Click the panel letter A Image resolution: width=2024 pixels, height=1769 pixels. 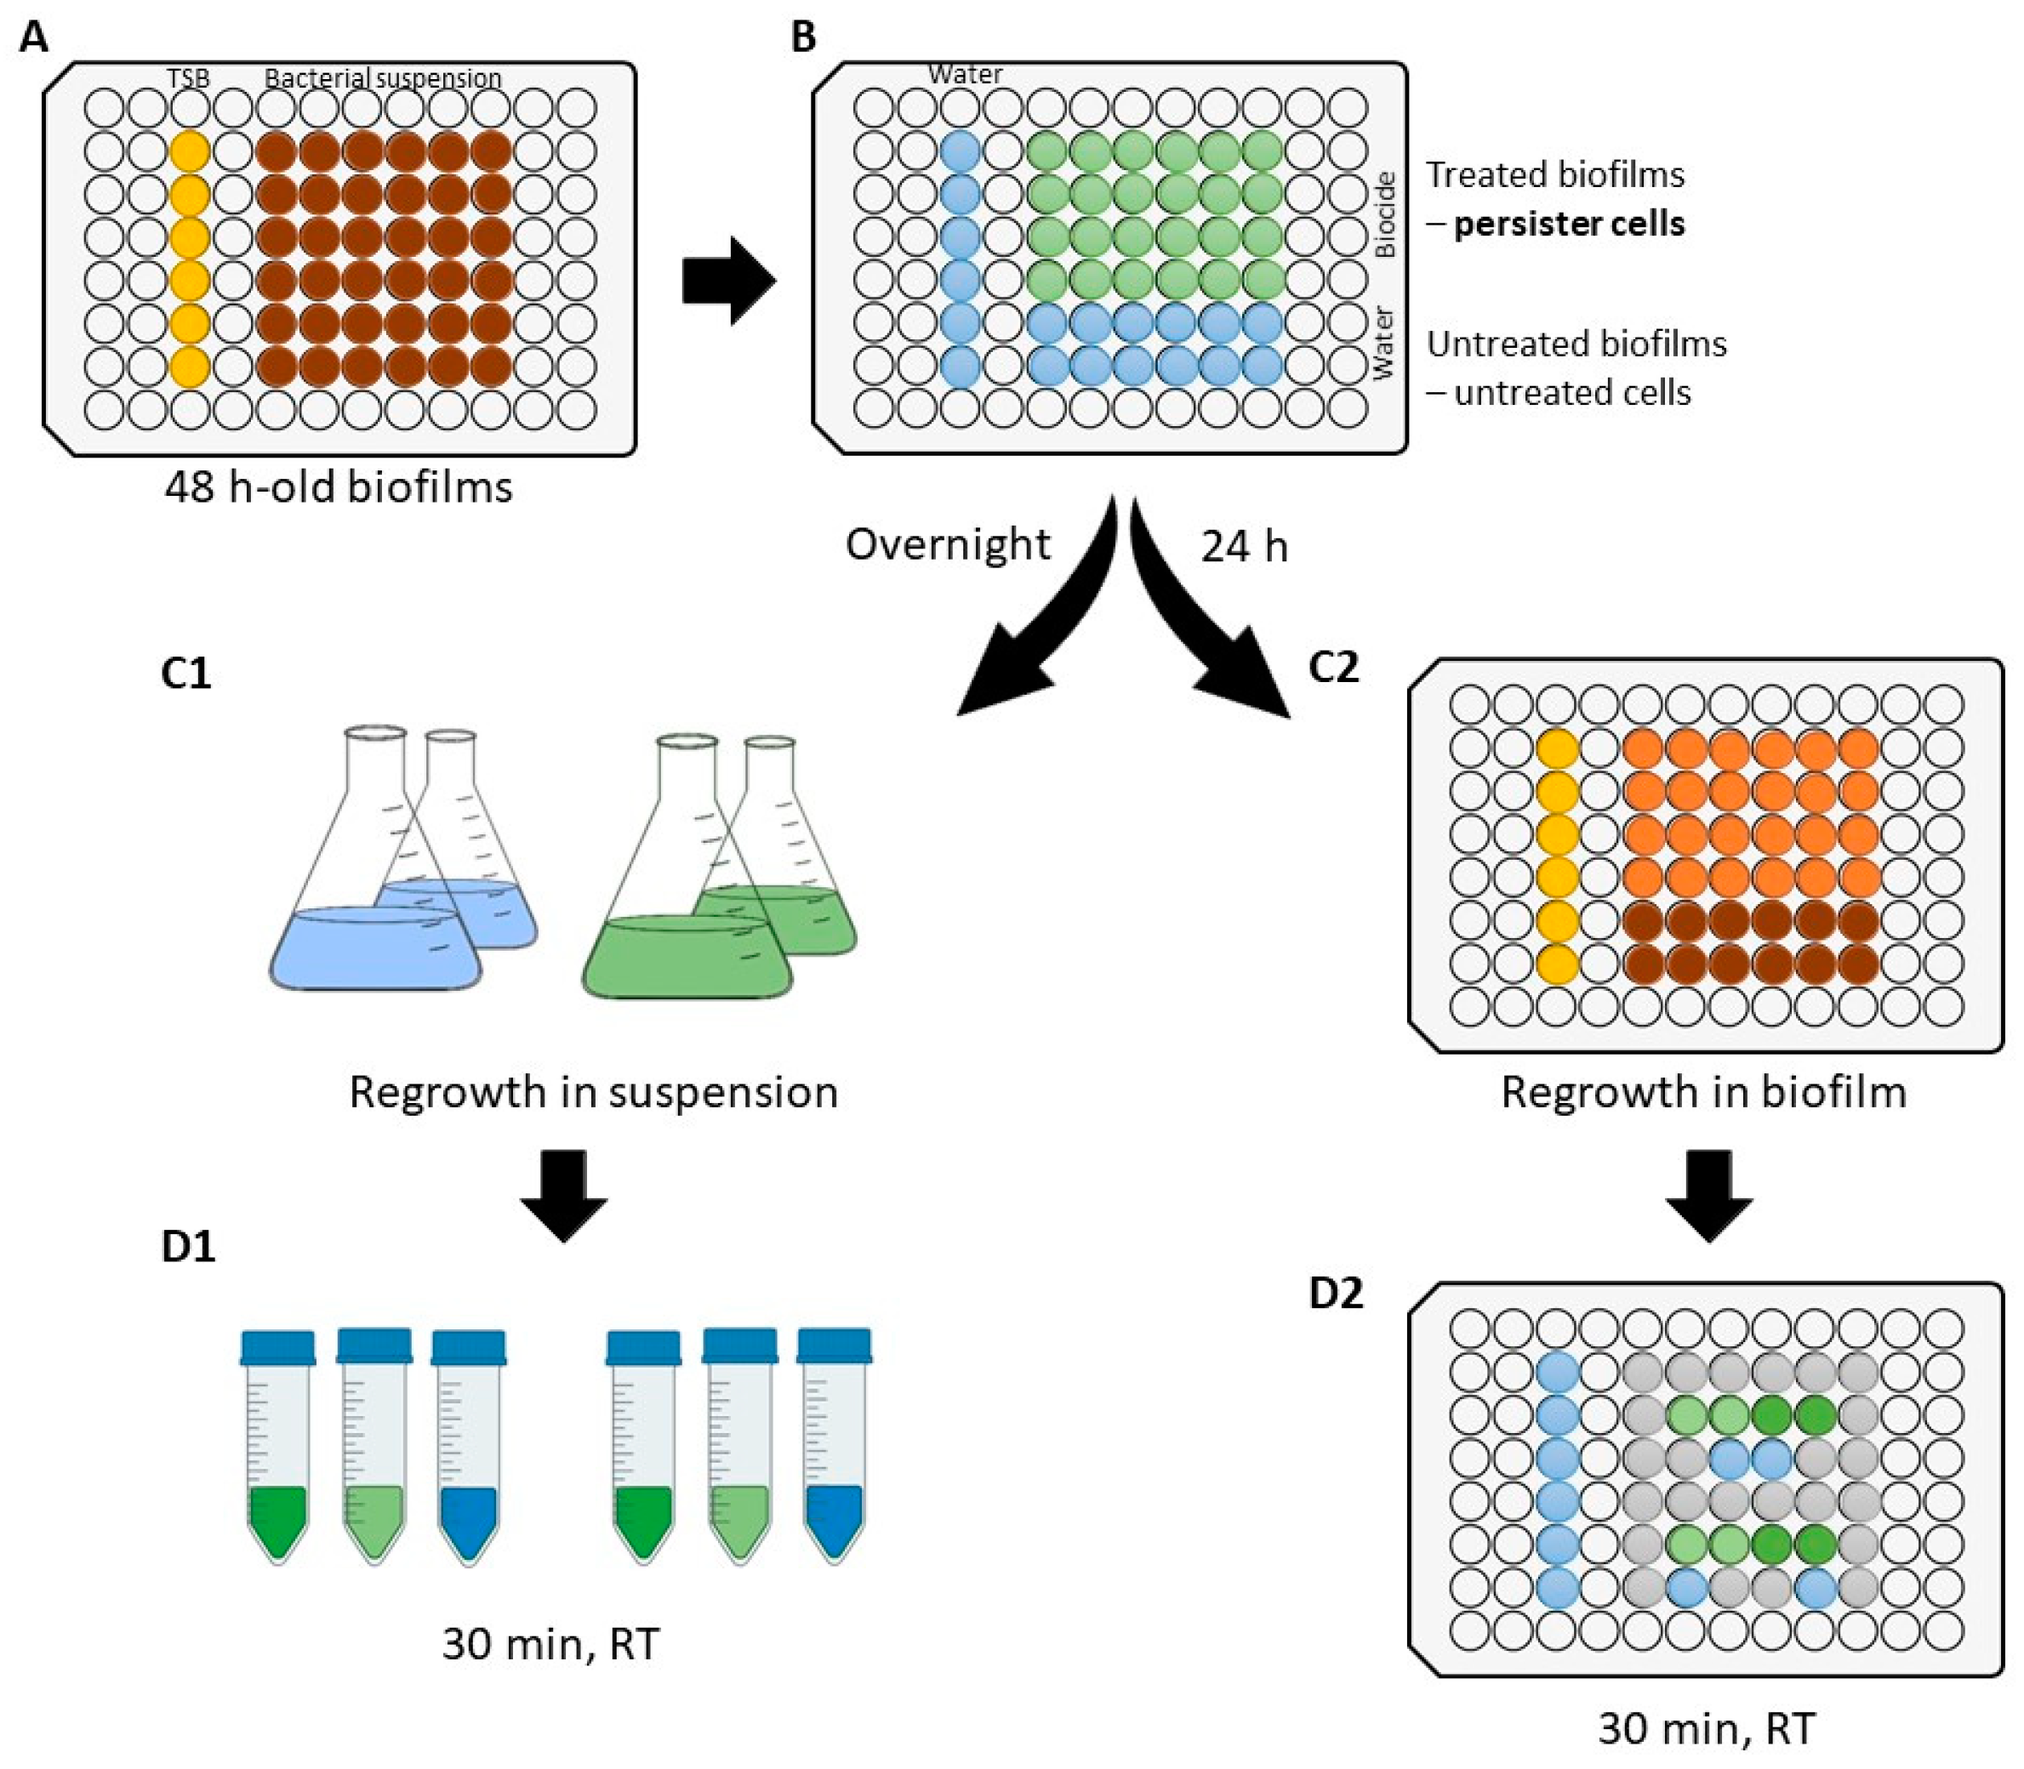(x=32, y=37)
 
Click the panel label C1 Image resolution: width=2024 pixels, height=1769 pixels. (x=185, y=674)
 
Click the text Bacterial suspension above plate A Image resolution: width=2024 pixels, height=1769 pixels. (x=383, y=78)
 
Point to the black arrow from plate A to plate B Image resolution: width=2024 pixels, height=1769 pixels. (x=727, y=282)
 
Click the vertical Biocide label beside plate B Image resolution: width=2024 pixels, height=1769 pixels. (x=1386, y=215)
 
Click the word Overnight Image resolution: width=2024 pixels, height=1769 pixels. (x=948, y=544)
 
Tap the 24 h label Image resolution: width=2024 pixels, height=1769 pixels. (x=1244, y=547)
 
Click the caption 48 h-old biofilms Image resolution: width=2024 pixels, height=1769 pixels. (x=339, y=486)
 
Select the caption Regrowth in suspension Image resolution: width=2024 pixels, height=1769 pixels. (x=593, y=1092)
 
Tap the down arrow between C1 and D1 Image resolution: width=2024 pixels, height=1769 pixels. (x=564, y=1193)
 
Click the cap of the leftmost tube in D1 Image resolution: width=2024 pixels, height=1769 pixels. (x=278, y=1347)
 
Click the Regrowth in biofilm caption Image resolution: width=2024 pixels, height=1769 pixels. (x=1703, y=1092)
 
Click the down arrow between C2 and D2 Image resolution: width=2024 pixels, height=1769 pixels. (x=1709, y=1193)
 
